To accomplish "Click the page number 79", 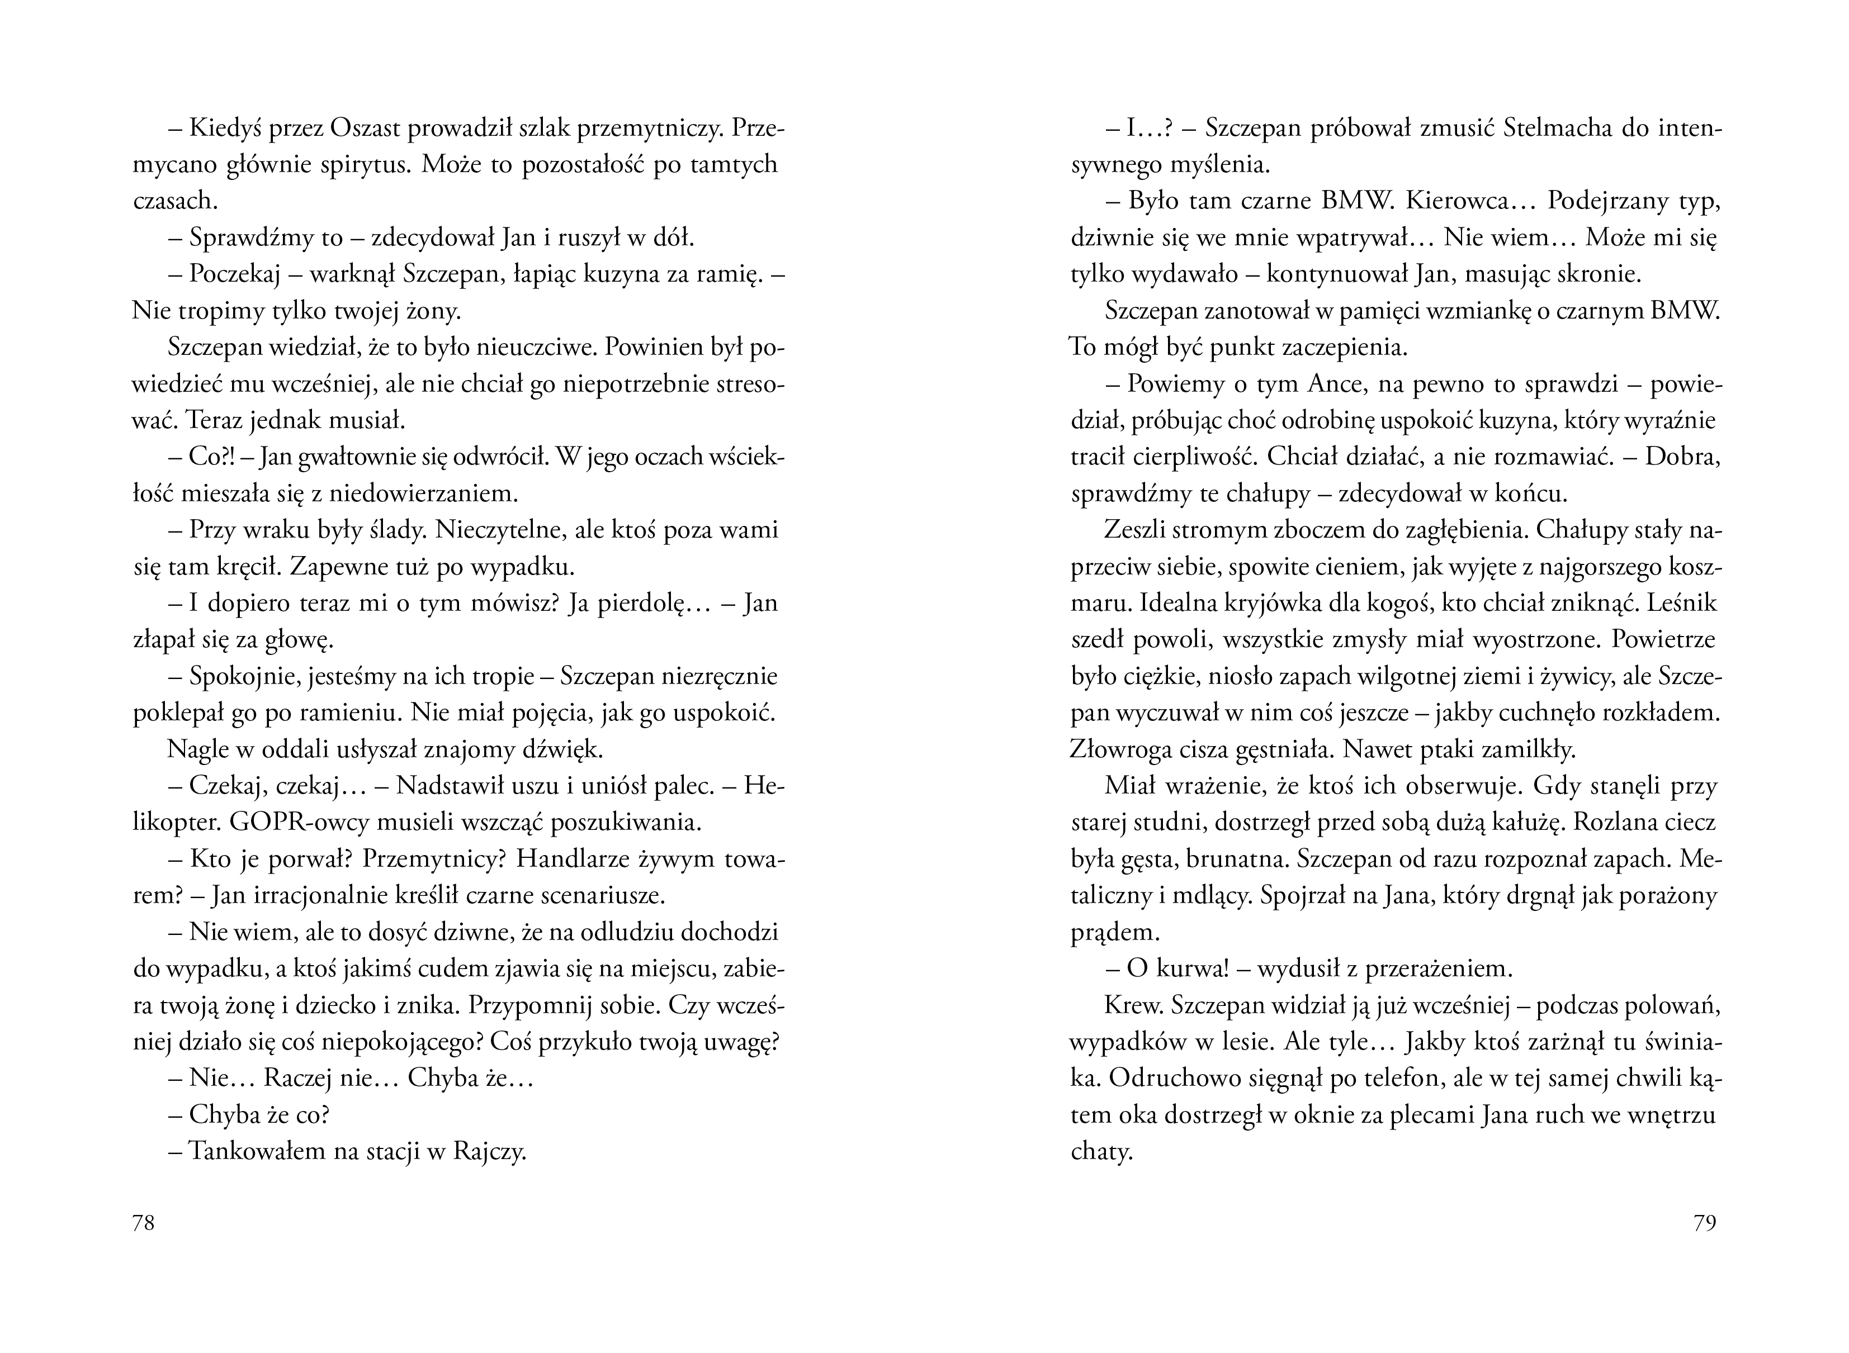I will pos(1704,1223).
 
